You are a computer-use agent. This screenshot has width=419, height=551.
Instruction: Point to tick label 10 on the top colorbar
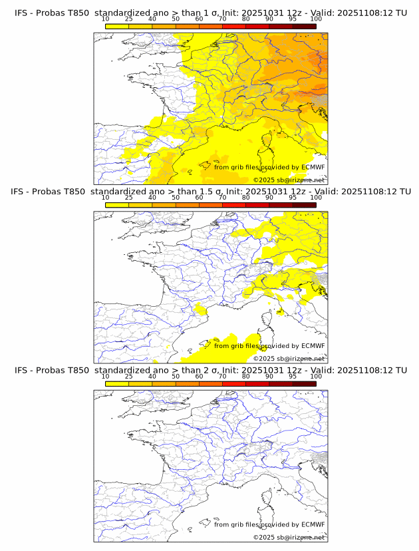106,19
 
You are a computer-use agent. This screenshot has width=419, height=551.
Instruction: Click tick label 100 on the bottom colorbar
316,376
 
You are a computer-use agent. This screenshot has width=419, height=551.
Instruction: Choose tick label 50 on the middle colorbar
176,198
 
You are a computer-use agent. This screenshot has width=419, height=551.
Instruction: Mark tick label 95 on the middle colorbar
293,198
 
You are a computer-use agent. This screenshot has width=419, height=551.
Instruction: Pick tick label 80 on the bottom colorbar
246,376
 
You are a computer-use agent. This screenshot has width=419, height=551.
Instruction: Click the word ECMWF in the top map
313,167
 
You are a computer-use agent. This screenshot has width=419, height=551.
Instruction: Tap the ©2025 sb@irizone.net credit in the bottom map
289,537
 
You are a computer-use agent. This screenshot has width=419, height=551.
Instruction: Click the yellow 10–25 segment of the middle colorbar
117,204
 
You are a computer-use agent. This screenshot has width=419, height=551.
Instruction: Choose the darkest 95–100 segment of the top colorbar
304,26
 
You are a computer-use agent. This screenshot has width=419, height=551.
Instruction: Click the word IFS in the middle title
21,192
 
